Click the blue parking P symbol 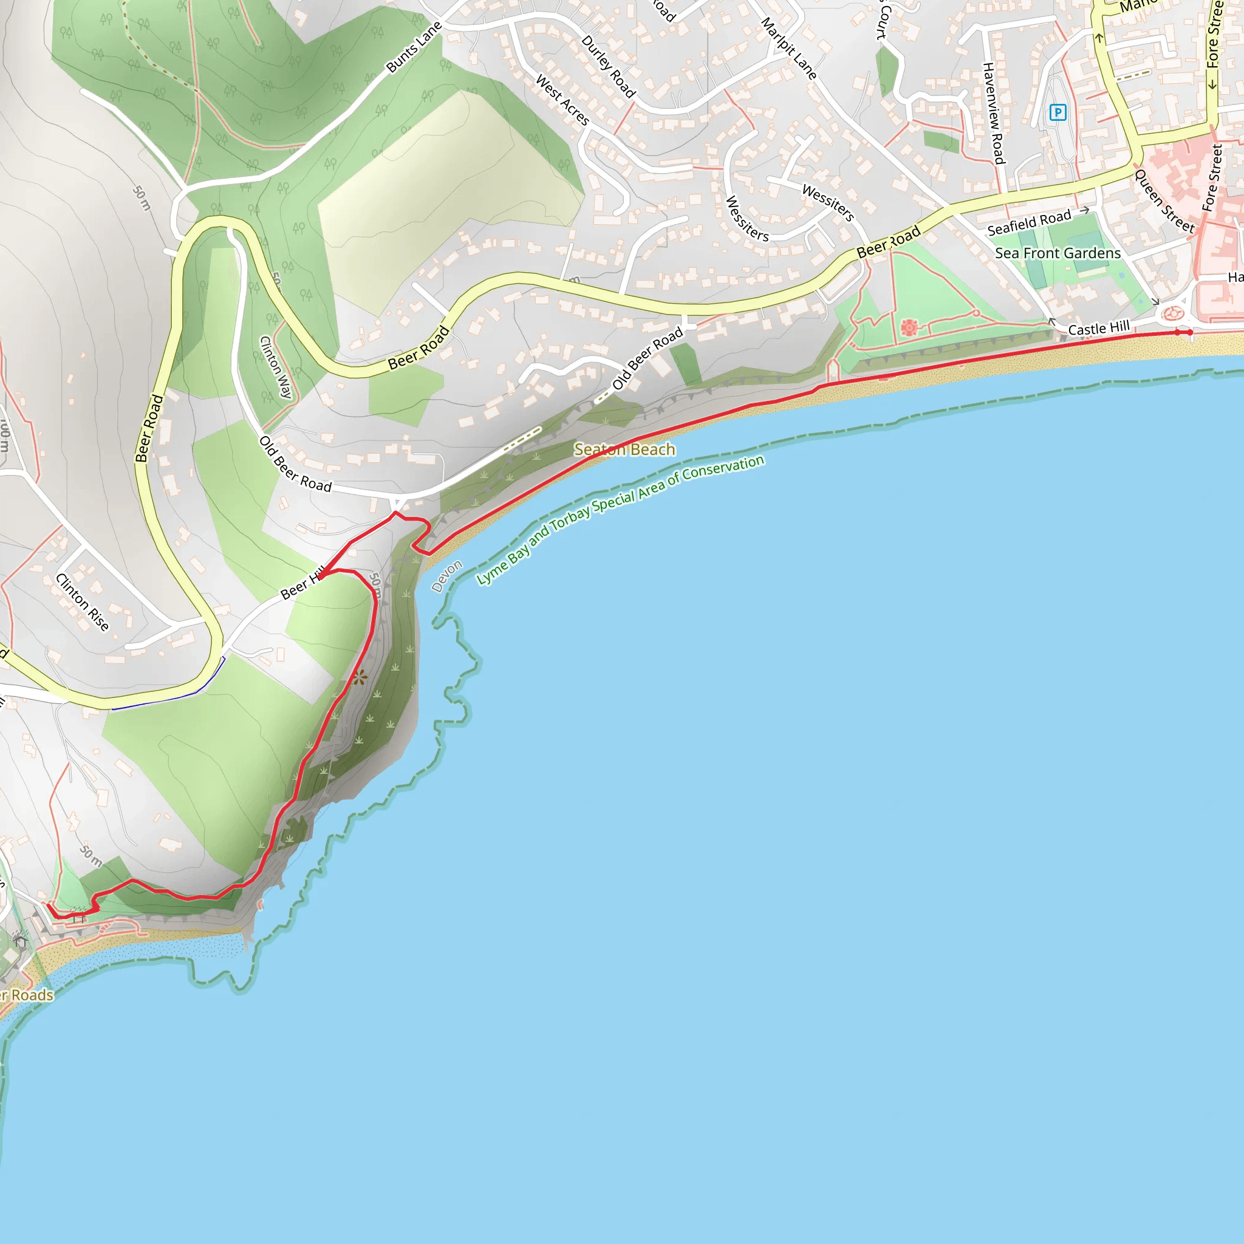pos(1058,113)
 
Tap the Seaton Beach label pos(624,449)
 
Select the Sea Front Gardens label pos(1058,253)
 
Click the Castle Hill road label pos(1098,329)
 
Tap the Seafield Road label pos(1029,222)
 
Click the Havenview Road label pos(993,114)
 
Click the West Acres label pos(562,100)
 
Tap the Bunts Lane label pos(414,47)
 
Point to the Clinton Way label pos(276,367)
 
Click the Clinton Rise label pos(82,602)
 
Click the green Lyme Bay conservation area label pos(620,519)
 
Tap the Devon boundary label pos(446,576)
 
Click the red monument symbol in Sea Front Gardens pos(909,328)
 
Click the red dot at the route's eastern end pos(1190,332)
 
